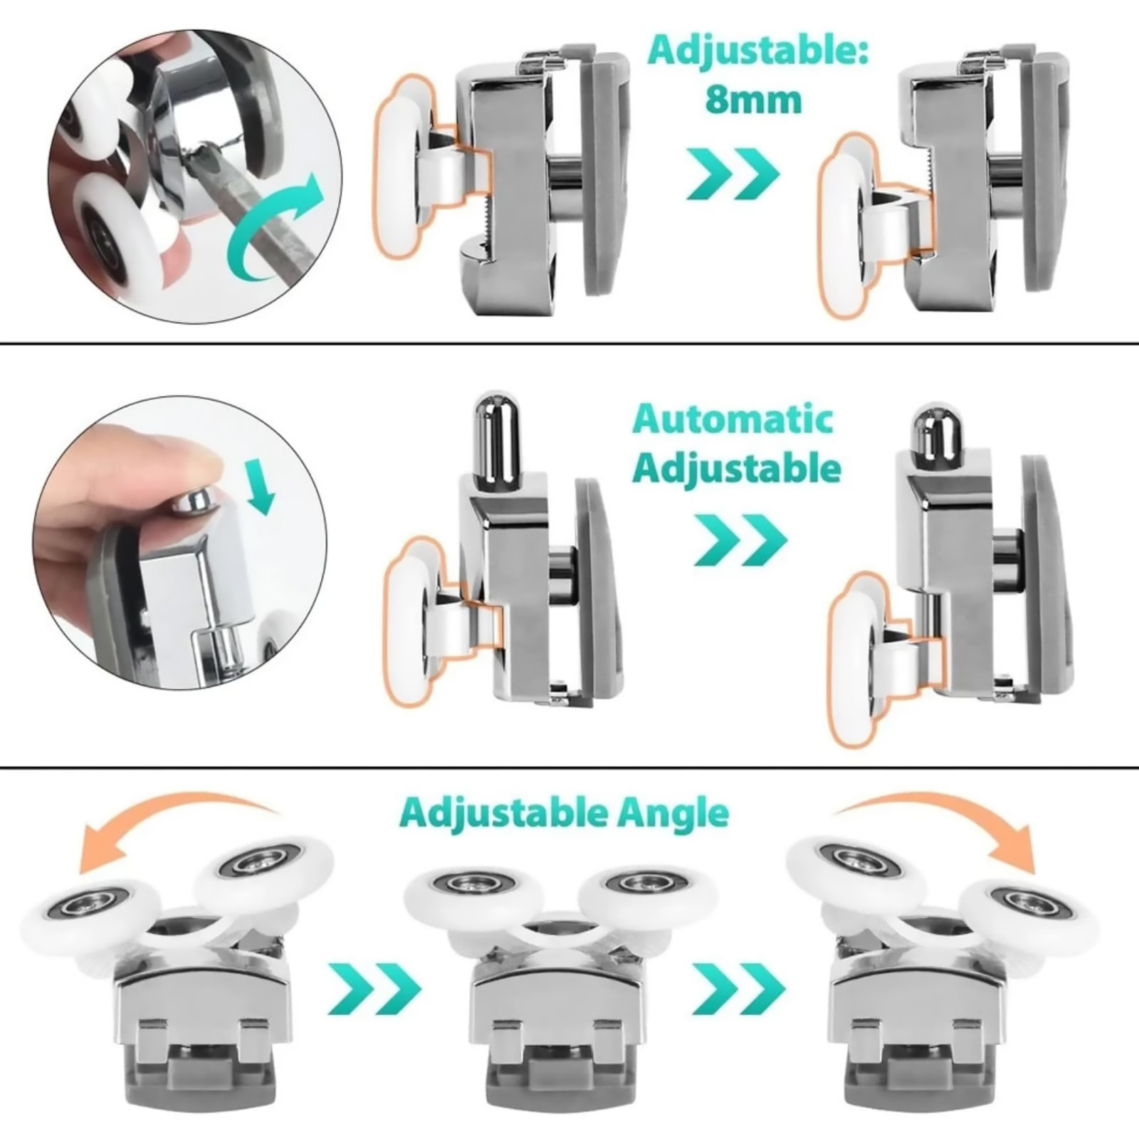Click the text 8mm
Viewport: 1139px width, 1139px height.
753,100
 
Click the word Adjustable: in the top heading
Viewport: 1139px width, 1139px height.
758,53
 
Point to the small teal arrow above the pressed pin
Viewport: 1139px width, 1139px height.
261,486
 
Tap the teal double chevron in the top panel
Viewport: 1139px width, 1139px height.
733,174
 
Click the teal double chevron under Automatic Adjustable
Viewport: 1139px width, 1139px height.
741,540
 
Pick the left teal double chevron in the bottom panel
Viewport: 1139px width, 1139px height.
374,989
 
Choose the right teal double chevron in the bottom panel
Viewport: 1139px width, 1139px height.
738,989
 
